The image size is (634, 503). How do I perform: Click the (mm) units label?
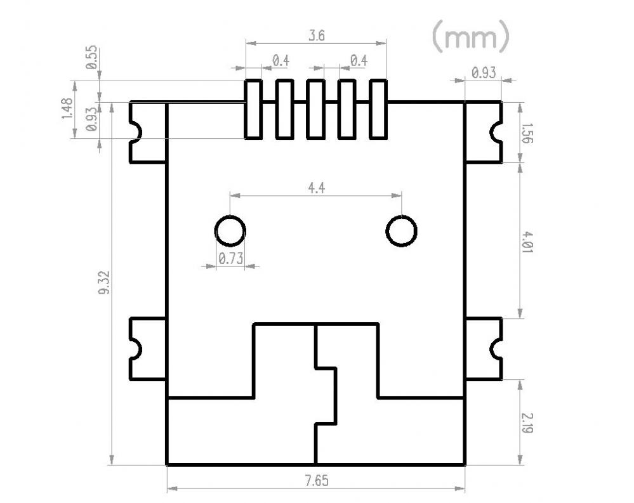(470, 37)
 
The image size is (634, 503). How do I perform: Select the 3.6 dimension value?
(316, 36)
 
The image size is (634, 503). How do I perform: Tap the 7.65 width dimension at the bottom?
(316, 481)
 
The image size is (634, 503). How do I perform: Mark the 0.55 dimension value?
(92, 58)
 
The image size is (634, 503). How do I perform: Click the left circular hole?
(230, 230)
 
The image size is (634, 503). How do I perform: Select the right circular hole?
(401, 230)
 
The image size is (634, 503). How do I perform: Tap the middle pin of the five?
(315, 109)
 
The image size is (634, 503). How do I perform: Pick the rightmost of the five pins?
(378, 109)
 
